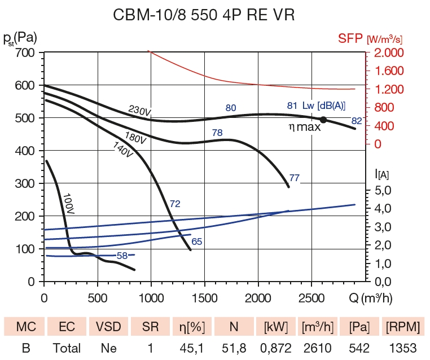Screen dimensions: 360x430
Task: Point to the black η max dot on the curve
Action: pos(323,120)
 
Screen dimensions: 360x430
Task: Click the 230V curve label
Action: pos(139,111)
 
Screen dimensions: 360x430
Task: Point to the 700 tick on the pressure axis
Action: pos(25,53)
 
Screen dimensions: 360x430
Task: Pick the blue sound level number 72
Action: pos(175,204)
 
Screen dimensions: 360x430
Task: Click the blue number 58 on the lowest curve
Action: pos(122,256)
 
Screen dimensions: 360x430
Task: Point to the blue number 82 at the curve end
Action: pos(357,120)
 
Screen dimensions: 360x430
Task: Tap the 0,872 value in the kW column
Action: pos(277,348)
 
